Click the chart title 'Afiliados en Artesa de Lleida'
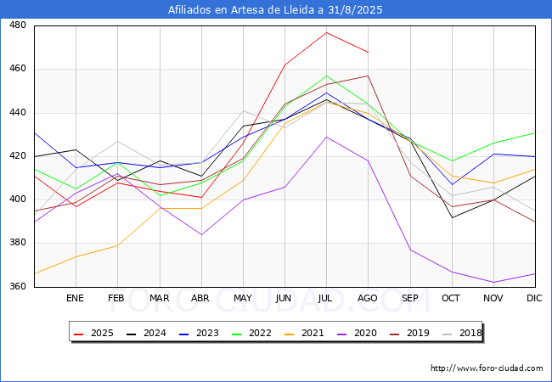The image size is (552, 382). coord(276,10)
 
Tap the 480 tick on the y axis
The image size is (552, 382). coord(17,25)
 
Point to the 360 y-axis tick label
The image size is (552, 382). coord(17,287)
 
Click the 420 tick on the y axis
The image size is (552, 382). coord(17,156)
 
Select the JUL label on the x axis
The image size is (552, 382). coord(326,299)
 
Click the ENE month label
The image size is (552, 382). coord(76,299)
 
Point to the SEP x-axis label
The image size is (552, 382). coord(409,299)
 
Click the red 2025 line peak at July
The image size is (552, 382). coord(326,32)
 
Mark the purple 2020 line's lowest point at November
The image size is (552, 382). coord(493,283)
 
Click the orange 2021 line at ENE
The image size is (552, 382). coord(76,256)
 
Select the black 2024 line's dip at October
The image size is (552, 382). coord(452,217)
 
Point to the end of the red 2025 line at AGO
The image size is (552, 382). coord(368,52)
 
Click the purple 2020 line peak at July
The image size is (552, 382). coord(326,137)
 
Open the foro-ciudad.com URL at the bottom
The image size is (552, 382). coord(487,368)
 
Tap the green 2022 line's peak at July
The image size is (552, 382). coord(326,76)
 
